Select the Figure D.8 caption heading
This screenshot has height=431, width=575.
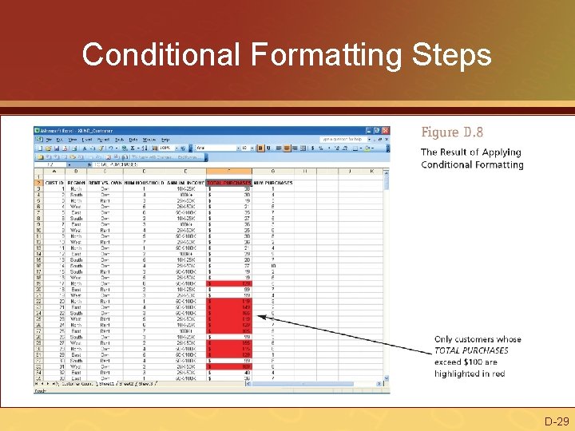(452, 132)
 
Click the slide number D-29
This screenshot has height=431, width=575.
(557, 421)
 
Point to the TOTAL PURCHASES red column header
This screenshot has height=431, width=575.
(228, 182)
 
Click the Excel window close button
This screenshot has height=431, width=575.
(386, 130)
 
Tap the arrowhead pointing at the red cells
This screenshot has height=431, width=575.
(273, 322)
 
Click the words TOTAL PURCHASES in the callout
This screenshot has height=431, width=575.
(471, 350)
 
